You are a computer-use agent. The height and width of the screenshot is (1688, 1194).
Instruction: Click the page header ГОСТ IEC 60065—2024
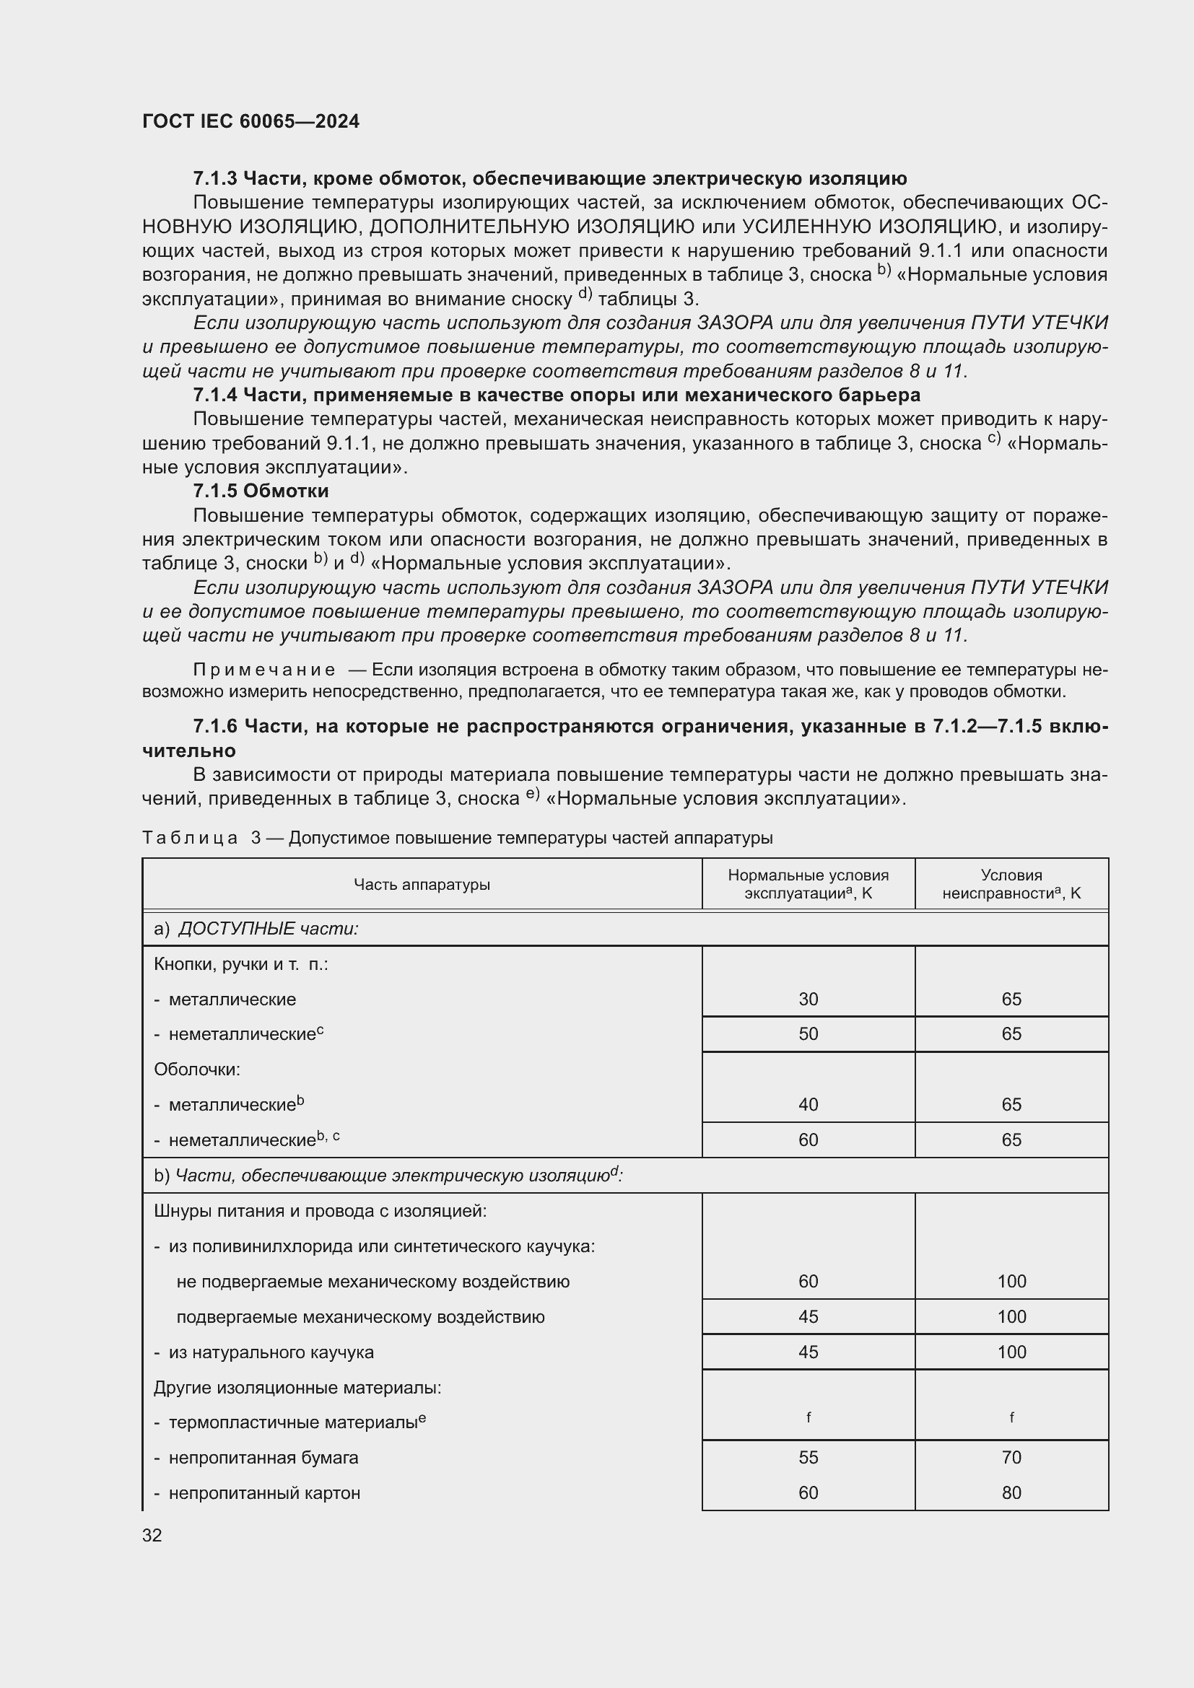click(250, 121)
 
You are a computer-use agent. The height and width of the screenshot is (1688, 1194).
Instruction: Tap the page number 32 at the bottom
click(152, 1535)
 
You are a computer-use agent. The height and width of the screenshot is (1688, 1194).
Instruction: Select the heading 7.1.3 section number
click(214, 179)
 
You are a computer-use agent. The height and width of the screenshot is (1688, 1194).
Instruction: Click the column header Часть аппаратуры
click(422, 885)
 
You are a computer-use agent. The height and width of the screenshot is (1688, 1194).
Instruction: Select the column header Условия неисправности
click(1011, 885)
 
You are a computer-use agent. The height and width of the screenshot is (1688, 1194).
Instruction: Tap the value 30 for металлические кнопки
click(808, 999)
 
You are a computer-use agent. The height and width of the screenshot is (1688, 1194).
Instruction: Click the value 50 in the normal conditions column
click(808, 1033)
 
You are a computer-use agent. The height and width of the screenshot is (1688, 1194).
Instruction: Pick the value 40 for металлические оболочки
click(808, 1104)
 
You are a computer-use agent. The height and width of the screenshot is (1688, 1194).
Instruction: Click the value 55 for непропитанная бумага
click(808, 1457)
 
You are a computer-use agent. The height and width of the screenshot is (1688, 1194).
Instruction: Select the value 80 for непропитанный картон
click(1011, 1492)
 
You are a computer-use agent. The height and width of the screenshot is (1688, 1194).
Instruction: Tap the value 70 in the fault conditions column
click(1011, 1457)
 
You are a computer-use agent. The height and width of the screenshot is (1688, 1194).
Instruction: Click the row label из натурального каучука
click(271, 1352)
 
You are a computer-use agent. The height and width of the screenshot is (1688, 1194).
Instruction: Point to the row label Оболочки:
click(197, 1069)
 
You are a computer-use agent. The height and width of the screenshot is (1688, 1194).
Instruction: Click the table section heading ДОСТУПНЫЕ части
click(269, 929)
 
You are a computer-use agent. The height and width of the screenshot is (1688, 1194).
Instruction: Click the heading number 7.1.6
click(214, 727)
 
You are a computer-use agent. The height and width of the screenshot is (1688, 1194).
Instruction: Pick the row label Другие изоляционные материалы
click(297, 1387)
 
